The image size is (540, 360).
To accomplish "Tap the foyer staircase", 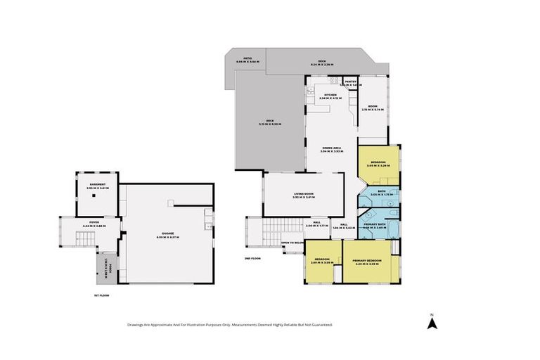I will [67, 232].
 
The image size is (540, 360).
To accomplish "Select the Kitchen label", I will [330, 96].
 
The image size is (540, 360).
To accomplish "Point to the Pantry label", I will [352, 82].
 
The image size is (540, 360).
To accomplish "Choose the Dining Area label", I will [332, 148].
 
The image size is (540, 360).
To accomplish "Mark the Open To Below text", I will [292, 243].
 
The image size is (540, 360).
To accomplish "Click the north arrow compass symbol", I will [433, 322].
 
